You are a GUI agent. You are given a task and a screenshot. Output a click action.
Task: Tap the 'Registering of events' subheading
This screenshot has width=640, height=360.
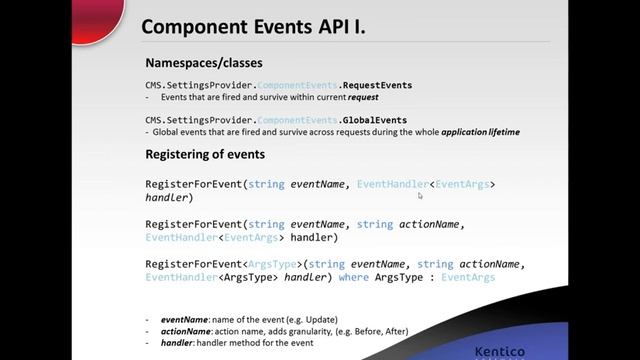pyautogui.click(x=205, y=155)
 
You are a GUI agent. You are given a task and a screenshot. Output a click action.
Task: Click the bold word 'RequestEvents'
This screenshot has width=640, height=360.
pyautogui.click(x=348, y=86)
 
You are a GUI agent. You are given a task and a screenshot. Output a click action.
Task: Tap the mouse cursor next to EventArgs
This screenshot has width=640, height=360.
pyautogui.click(x=420, y=196)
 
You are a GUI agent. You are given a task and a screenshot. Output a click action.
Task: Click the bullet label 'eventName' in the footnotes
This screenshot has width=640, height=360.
pyautogui.click(x=186, y=319)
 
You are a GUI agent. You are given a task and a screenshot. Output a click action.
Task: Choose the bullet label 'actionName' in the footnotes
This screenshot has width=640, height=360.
pyautogui.click(x=187, y=331)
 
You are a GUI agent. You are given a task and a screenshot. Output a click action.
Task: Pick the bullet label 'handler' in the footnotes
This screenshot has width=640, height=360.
pyautogui.click(x=179, y=342)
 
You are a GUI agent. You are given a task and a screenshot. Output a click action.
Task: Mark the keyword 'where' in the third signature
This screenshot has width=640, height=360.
pyautogui.click(x=354, y=277)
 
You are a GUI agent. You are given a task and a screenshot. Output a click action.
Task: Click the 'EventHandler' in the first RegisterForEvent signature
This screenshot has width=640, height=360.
pyautogui.click(x=392, y=184)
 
